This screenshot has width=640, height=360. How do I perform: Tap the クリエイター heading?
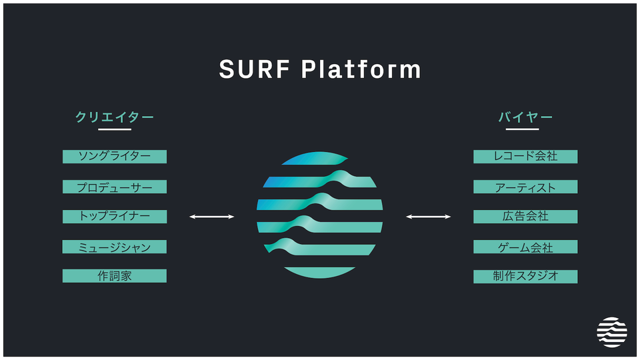[115, 117]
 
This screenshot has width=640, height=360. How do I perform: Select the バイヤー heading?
[525, 117]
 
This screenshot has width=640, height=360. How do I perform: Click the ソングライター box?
[115, 157]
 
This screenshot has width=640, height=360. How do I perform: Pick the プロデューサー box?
[115, 187]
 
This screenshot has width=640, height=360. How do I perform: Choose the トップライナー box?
[115, 217]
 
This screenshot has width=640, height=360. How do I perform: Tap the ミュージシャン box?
[115, 247]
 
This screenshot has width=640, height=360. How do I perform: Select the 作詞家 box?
[115, 276]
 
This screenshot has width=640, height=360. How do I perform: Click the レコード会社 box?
[525, 157]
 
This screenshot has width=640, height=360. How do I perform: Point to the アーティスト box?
[525, 187]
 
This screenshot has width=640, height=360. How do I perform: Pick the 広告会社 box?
[525, 217]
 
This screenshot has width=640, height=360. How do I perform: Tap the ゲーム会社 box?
[525, 247]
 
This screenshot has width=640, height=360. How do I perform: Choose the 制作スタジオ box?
[525, 276]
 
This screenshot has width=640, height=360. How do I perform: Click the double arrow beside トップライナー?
[212, 217]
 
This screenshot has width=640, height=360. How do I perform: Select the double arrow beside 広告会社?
[429, 217]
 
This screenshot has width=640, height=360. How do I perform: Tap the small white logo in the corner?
[612, 331]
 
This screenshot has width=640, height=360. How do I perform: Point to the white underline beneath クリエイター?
[115, 129]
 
